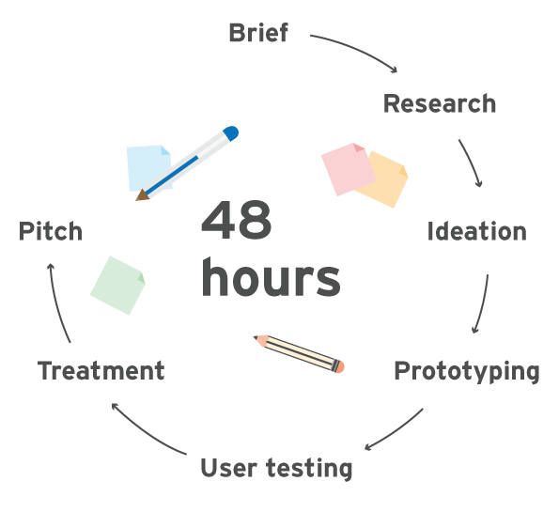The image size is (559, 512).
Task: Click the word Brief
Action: pos(258,33)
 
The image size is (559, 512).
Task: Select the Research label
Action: pos(440,103)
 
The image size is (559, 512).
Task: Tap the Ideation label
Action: pos(476,231)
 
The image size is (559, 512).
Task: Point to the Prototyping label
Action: pos(467,371)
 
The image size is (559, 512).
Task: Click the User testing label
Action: pos(276,468)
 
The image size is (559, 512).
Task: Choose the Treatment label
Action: pos(101,371)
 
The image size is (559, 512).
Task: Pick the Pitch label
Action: pos(51,231)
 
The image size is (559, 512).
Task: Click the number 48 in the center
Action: pos(237,220)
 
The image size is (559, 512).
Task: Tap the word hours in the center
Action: pos(271,277)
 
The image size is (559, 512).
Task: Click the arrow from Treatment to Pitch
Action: pos(56,303)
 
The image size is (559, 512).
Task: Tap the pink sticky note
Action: pos(349,169)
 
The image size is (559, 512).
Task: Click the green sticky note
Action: pos(117,286)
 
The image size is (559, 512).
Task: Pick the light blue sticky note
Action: pos(148,168)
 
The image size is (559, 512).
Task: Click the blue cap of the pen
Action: pos(231,133)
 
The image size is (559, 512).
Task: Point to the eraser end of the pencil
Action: pos(339,367)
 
